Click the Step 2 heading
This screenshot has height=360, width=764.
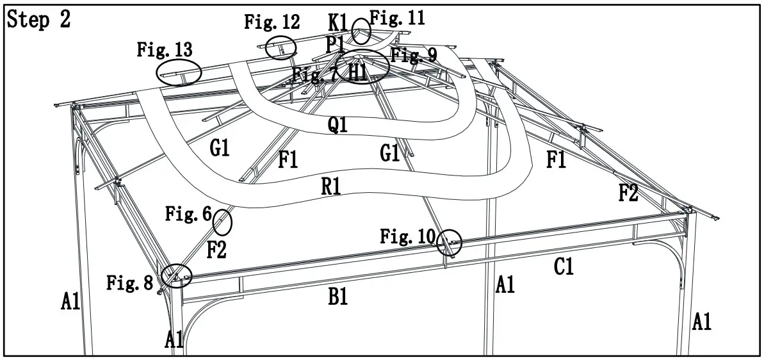click(x=38, y=20)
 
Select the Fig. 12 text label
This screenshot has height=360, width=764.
click(x=272, y=22)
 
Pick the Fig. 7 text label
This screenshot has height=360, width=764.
click(x=314, y=74)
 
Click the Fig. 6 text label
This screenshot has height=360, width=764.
click(x=188, y=214)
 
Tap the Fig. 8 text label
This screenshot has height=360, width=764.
click(x=130, y=282)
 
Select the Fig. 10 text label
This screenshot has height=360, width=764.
click(x=407, y=236)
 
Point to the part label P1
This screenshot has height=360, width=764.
click(x=335, y=44)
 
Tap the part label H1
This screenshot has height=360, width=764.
click(x=357, y=71)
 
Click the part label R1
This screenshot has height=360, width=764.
click(x=331, y=186)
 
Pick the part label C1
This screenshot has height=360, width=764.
click(x=563, y=267)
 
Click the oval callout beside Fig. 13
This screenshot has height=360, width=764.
click(x=179, y=72)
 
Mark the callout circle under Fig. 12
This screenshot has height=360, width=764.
click(x=280, y=47)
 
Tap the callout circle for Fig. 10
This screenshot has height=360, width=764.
click(x=450, y=242)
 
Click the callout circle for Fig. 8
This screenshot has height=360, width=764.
click(x=175, y=276)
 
